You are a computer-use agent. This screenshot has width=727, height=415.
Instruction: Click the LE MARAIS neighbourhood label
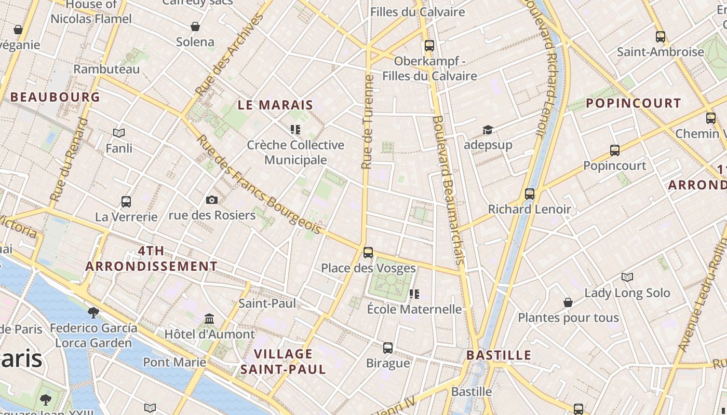pyautogui.click(x=275, y=105)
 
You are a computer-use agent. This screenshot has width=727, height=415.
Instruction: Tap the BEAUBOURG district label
pyautogui.click(x=55, y=97)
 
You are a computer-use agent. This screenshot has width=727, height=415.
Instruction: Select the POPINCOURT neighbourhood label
pyautogui.click(x=633, y=103)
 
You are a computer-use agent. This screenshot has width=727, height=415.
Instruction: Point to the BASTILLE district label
pyautogui.click(x=499, y=355)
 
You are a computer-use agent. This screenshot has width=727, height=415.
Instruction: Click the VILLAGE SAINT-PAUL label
pyautogui.click(x=283, y=362)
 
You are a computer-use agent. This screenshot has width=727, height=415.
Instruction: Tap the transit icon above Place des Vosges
pyautogui.click(x=368, y=253)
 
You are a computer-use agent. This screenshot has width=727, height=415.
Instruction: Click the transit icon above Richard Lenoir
pyautogui.click(x=529, y=194)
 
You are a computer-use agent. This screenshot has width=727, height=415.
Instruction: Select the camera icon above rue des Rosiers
pyautogui.click(x=212, y=200)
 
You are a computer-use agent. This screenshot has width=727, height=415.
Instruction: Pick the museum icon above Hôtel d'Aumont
pyautogui.click(x=209, y=318)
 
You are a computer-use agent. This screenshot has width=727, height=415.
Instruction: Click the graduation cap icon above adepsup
pyautogui.click(x=488, y=130)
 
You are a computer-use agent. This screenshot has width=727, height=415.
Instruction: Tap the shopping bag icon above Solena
pyautogui.click(x=195, y=26)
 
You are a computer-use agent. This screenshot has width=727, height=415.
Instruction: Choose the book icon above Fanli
pyautogui.click(x=119, y=133)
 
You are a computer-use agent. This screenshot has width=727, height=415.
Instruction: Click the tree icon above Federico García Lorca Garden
pyautogui.click(x=93, y=312)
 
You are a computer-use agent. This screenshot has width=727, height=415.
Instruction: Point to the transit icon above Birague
pyautogui.click(x=388, y=348)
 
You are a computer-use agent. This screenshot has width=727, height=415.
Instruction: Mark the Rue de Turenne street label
pyautogui.click(x=368, y=122)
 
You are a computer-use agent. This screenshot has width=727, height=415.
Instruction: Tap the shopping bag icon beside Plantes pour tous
pyautogui.click(x=568, y=302)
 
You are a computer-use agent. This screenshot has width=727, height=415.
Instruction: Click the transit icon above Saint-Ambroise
pyautogui.click(x=661, y=37)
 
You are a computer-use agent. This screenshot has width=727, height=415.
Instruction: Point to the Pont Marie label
pyautogui.click(x=174, y=362)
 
